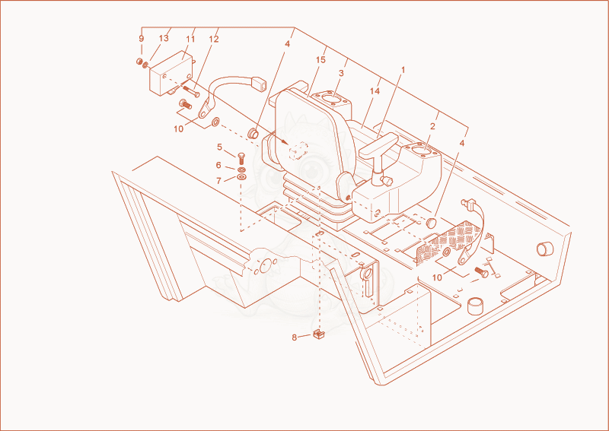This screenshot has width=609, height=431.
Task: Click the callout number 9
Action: tap(142, 39)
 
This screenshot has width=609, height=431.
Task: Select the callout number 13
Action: tap(164, 38)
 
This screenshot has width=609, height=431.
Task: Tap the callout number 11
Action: tap(190, 39)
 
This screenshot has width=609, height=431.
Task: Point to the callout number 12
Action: tap(214, 40)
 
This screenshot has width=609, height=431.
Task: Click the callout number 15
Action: tap(320, 60)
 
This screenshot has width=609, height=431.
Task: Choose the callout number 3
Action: tap(341, 73)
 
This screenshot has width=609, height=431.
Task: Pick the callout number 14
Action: tap(375, 91)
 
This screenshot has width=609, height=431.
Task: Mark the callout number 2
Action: tap(432, 126)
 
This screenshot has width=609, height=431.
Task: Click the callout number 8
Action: tap(295, 338)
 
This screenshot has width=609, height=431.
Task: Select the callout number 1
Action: tap(403, 70)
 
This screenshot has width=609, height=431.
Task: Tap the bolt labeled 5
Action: tap(240, 158)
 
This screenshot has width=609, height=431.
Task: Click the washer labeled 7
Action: tap(241, 178)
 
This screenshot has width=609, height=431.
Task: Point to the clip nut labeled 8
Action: tap(319, 334)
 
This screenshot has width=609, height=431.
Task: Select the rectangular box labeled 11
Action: tap(171, 73)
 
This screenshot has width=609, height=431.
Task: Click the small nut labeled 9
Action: tap(139, 61)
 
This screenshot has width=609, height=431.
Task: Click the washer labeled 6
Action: tap(241, 170)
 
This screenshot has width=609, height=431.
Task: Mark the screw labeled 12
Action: tap(191, 91)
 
